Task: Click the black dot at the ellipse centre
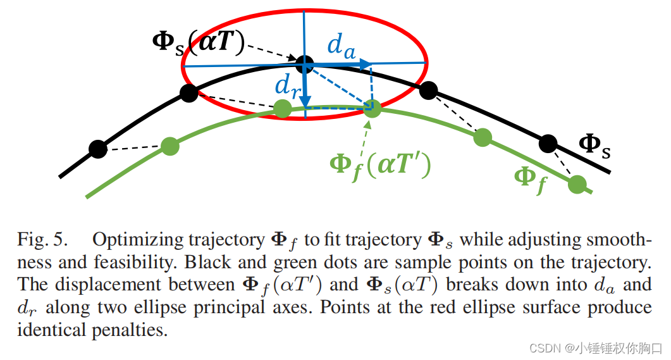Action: coord(305,63)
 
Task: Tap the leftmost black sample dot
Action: coord(97,149)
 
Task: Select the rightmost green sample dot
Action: coord(577,185)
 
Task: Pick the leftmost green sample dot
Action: coord(169,146)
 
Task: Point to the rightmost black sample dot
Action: coord(548,143)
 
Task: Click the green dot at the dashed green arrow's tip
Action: coord(372,109)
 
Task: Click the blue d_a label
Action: coord(341,45)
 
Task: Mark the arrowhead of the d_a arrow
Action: coord(366,63)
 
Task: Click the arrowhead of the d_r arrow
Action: coord(305,102)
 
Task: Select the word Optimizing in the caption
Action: coord(132,241)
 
